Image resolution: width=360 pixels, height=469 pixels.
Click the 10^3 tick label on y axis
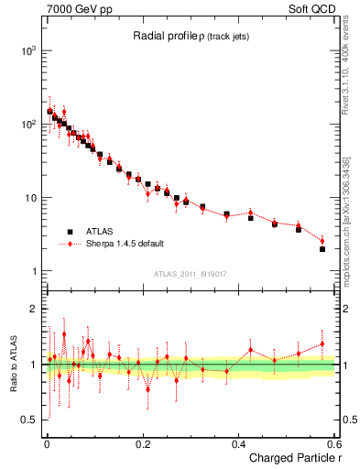click(x=27, y=51)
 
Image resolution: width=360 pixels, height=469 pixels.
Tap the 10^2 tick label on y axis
click(x=27, y=125)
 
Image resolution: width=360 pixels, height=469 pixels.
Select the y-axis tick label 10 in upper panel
click(x=29, y=198)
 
